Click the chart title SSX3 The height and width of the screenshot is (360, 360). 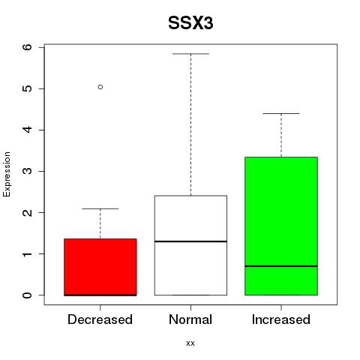190,23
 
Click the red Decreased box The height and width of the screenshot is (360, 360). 100,267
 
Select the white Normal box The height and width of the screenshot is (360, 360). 190,245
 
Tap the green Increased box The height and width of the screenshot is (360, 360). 281,226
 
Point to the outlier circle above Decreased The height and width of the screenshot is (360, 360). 100,87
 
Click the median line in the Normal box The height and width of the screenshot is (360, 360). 190,241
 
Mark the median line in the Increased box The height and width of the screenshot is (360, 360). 281,266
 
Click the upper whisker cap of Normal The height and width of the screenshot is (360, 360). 190,54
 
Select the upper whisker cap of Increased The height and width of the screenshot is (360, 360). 281,113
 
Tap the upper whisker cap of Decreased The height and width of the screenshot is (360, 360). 100,208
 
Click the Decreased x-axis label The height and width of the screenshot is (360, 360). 100,319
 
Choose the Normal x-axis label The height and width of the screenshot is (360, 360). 190,319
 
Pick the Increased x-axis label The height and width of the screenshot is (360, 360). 281,319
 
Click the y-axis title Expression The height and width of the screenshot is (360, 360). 7,174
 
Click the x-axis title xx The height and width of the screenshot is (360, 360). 190,343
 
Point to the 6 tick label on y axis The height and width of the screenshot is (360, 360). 28,47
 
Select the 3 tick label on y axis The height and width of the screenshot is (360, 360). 28,171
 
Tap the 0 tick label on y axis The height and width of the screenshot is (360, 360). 28,295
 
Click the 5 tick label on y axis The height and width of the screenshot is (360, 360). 28,88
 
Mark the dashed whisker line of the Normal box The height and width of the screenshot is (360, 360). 190,124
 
